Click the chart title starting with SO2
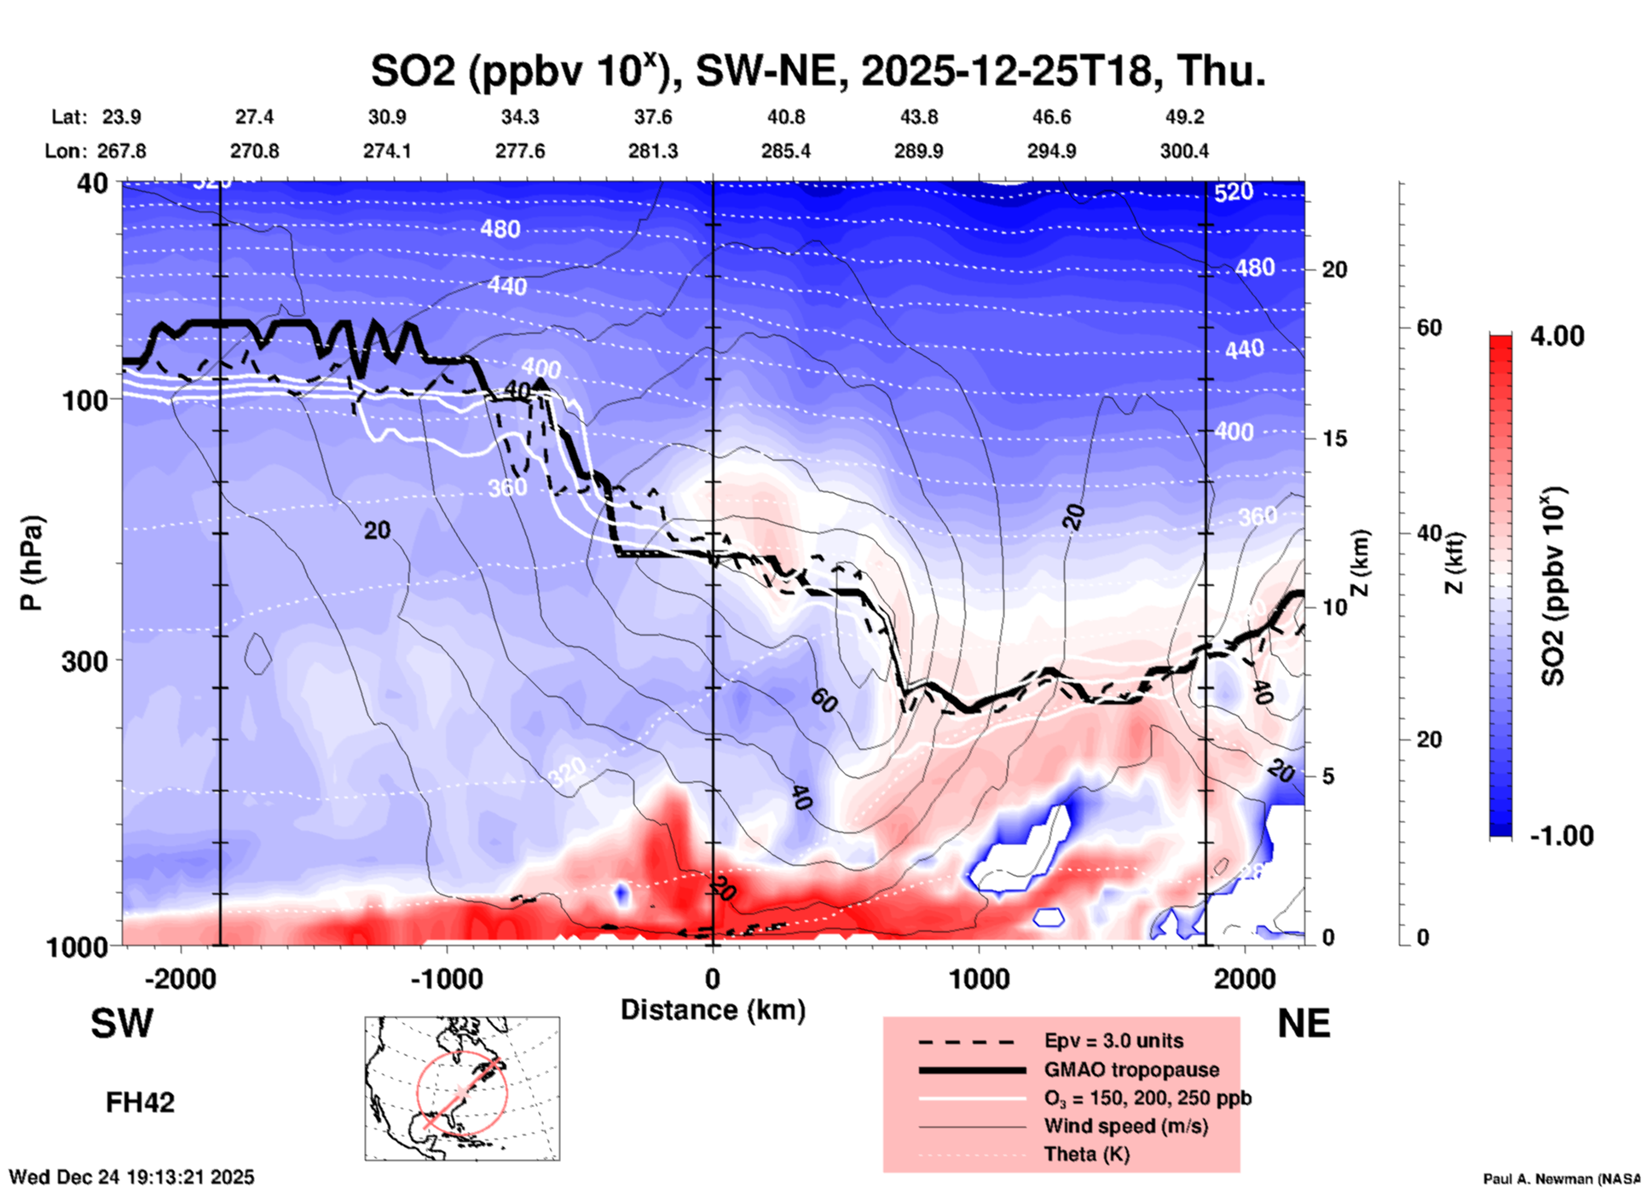(x=818, y=70)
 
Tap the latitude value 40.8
(x=785, y=117)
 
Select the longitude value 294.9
(x=1051, y=151)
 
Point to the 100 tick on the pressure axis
(x=85, y=400)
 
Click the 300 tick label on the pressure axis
(x=85, y=661)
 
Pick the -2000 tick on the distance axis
(x=180, y=979)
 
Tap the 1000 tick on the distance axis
(x=979, y=979)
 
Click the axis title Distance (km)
(x=713, y=1010)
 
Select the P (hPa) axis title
(x=31, y=563)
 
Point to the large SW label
(x=122, y=1024)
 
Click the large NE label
(x=1304, y=1024)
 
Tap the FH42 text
(x=140, y=1103)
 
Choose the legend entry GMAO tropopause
(x=1131, y=1070)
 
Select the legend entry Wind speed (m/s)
(x=1125, y=1126)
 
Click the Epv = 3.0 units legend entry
(x=1113, y=1041)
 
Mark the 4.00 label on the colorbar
(x=1557, y=336)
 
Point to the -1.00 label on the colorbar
(x=1561, y=836)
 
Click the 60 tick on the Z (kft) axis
(x=1429, y=328)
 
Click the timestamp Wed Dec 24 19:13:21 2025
(x=131, y=1177)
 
